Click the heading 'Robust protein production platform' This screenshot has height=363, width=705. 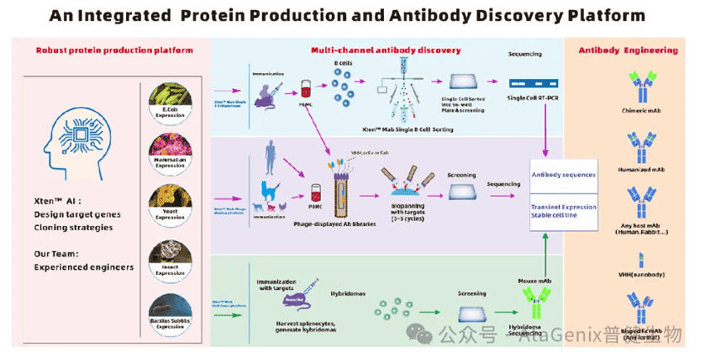(x=114, y=50)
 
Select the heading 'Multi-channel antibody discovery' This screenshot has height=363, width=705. (x=385, y=50)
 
